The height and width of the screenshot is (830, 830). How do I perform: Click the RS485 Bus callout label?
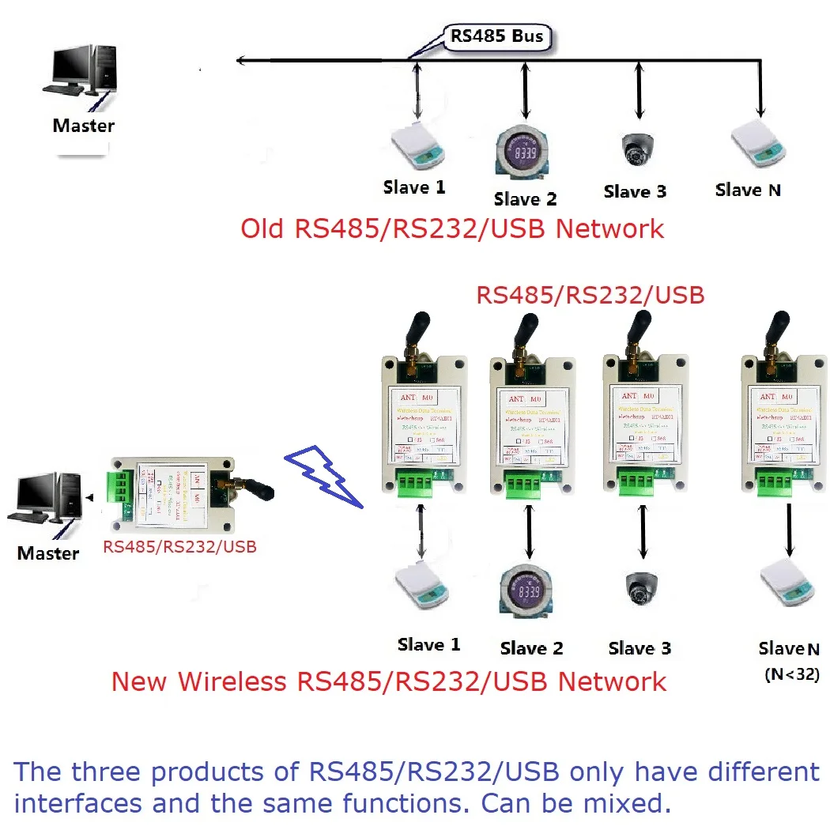click(x=498, y=36)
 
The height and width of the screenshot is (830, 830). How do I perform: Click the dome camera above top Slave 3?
click(x=637, y=148)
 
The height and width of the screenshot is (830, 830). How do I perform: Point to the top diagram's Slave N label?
click(x=748, y=190)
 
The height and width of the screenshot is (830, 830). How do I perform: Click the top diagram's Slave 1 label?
click(x=414, y=187)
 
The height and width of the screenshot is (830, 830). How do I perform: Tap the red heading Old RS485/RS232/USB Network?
click(x=452, y=229)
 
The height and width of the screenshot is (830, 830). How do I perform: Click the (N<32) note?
click(x=791, y=674)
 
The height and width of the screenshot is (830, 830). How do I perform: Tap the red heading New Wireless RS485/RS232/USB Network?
click(x=388, y=681)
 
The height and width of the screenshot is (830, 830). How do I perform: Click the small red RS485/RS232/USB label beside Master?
click(x=179, y=546)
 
